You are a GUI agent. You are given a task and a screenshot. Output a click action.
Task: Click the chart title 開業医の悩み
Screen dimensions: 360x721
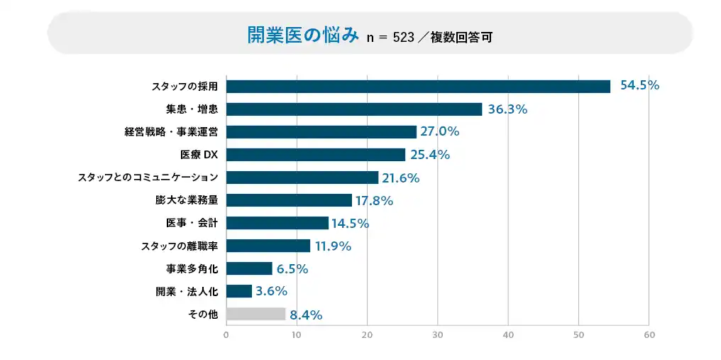tap(303, 35)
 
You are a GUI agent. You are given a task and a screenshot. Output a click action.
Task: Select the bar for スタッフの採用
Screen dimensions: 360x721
tap(418, 86)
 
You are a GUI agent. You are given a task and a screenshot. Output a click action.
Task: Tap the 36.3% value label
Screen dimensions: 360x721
tap(507, 109)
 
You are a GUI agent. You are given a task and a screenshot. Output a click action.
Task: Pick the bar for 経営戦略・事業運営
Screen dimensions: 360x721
tap(321, 132)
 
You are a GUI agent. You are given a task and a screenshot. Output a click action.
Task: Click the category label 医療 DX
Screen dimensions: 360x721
tap(199, 155)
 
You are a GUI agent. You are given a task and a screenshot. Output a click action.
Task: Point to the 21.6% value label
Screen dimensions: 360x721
tap(400, 178)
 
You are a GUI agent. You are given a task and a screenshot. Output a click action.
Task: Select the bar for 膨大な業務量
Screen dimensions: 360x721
tap(289, 200)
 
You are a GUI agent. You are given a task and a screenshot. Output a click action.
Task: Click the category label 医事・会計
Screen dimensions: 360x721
tap(192, 223)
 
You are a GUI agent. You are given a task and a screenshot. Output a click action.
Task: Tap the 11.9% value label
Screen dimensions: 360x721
tap(333, 246)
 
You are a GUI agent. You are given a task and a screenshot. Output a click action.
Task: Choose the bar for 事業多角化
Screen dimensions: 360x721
tap(249, 268)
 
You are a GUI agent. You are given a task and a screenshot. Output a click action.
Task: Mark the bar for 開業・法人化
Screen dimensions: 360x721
tap(239, 291)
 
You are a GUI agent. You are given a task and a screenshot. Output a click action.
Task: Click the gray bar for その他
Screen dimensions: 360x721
tap(255, 314)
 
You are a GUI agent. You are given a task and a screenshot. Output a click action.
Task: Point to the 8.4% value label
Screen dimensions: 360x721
tap(306, 315)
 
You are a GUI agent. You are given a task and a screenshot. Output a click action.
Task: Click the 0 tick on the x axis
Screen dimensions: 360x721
tap(226, 334)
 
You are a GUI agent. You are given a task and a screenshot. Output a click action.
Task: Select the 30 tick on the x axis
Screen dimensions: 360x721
tap(438, 334)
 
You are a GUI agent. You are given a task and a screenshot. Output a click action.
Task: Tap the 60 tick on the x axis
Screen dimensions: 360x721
tap(649, 334)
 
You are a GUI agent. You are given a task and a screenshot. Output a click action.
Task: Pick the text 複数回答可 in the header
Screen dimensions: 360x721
tap(461, 37)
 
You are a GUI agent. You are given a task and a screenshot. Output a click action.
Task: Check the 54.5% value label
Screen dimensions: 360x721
tap(639, 85)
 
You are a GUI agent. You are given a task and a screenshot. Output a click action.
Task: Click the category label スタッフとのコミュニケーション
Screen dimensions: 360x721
tap(148, 178)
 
